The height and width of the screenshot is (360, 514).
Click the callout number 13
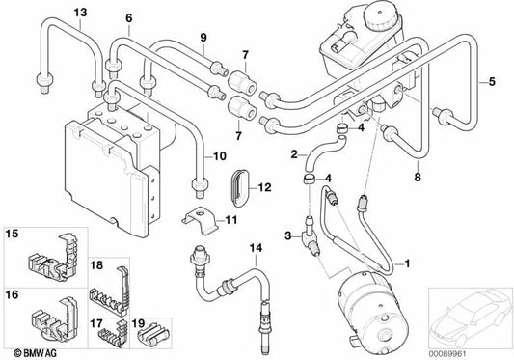click(80, 13)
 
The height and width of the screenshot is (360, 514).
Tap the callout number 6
click(129, 18)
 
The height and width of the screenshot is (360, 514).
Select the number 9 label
click(203, 38)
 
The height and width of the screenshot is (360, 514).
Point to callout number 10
click(219, 156)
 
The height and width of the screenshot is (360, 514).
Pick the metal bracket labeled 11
click(200, 220)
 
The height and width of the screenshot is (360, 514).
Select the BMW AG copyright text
click(35, 353)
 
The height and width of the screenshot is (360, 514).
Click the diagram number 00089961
click(447, 354)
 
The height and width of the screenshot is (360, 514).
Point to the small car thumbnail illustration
click(471, 318)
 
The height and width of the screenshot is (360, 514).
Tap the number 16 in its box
click(13, 295)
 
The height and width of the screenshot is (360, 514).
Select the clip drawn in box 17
click(113, 334)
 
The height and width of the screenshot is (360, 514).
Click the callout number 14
click(256, 248)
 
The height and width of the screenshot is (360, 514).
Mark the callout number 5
click(492, 81)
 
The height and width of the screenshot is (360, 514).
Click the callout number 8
click(417, 178)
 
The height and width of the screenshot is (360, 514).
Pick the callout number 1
click(407, 263)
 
